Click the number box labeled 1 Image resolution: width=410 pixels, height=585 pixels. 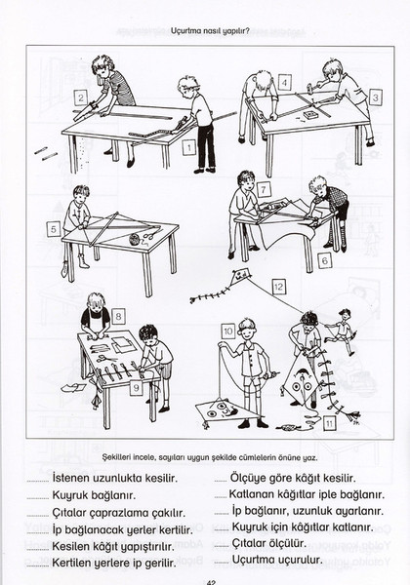click(x=189, y=147)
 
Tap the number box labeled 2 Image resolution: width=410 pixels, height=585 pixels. click(x=81, y=98)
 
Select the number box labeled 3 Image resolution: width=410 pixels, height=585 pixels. click(x=375, y=97)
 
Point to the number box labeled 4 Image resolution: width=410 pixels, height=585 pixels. click(x=284, y=83)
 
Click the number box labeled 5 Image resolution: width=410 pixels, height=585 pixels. click(x=54, y=229)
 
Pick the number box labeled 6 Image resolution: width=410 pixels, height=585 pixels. click(x=324, y=260)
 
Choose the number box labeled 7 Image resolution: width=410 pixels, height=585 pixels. click(x=264, y=189)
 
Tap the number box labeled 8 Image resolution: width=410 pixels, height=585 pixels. click(x=118, y=316)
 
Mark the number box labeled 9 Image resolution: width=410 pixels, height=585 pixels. click(x=137, y=388)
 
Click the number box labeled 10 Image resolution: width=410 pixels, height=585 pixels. click(x=228, y=331)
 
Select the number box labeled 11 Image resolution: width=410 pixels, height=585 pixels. click(x=329, y=423)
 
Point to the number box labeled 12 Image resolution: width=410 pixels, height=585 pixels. click(x=278, y=287)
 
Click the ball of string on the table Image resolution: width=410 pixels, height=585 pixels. click(x=135, y=239)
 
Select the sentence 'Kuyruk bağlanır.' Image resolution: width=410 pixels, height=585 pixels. click(x=94, y=496)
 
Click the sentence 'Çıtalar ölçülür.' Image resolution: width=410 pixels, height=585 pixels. click(x=268, y=543)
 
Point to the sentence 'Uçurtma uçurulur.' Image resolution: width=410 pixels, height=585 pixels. click(x=277, y=560)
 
